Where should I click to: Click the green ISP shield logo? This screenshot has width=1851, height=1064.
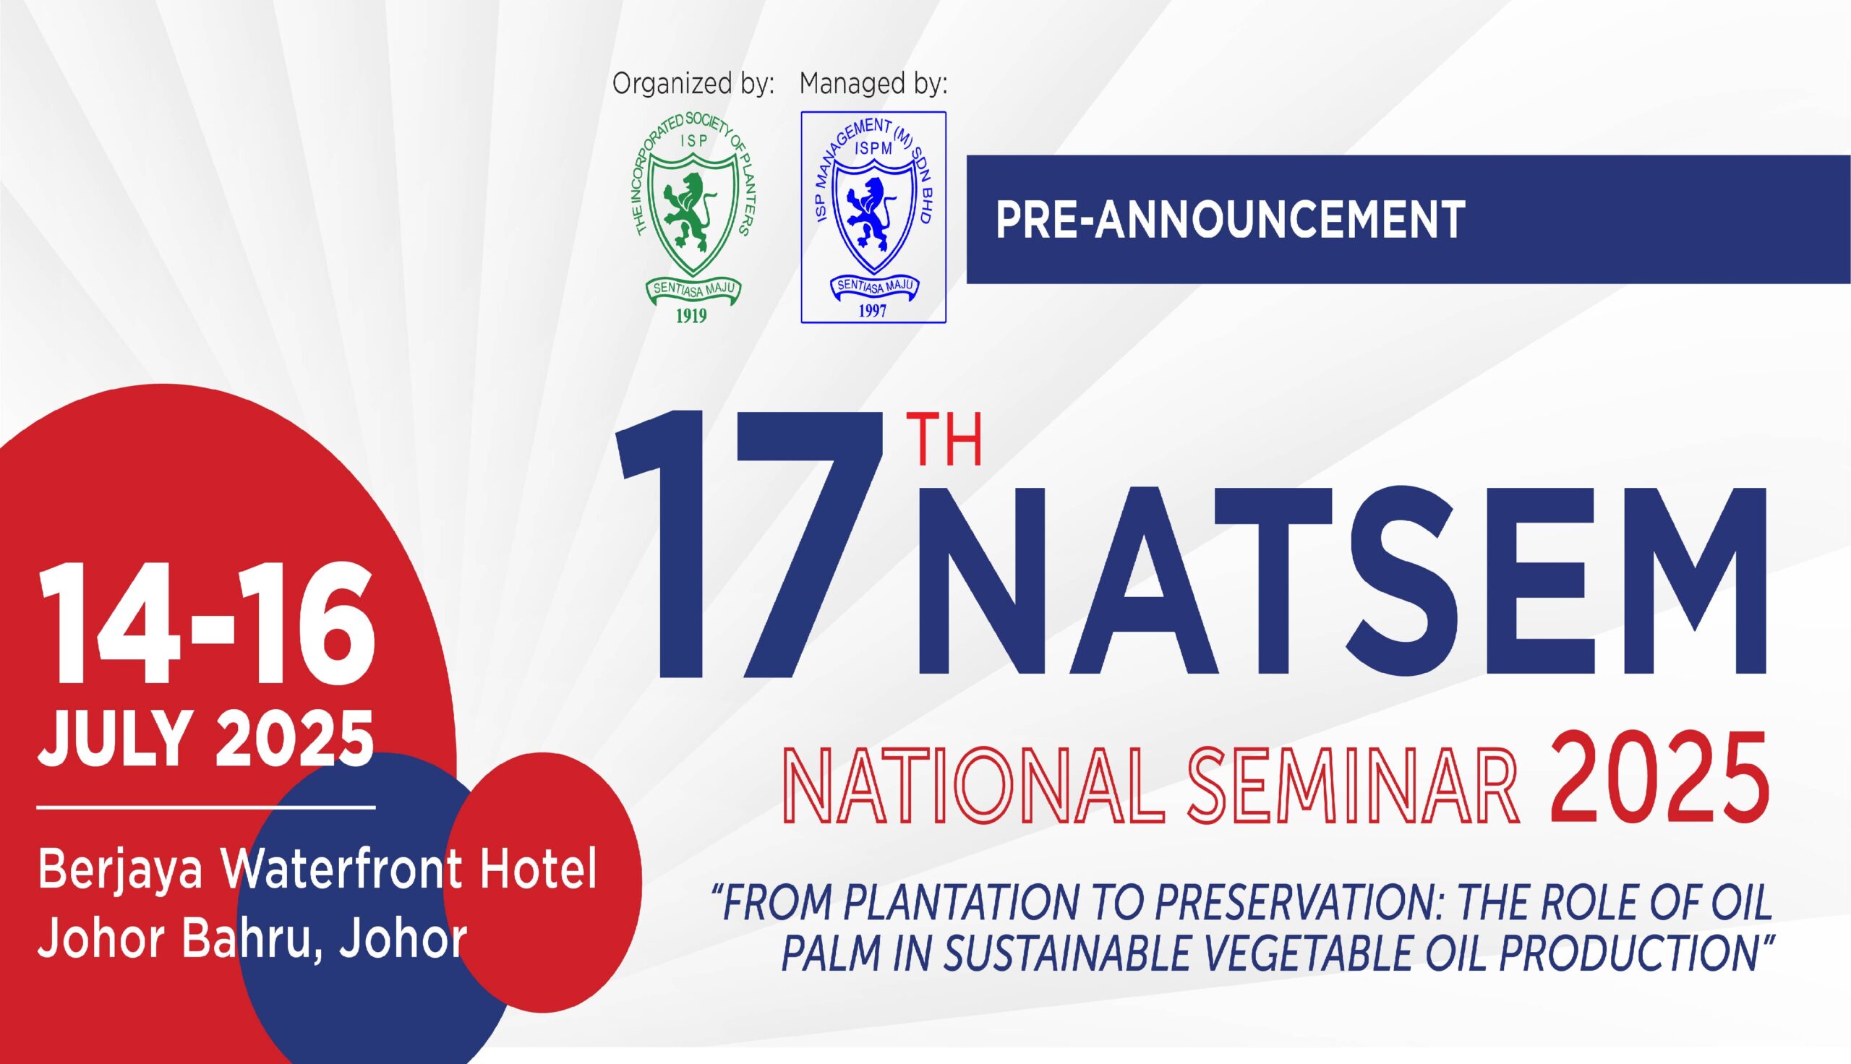691,216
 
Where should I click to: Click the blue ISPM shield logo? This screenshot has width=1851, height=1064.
873,217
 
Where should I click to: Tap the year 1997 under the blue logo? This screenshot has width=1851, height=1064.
873,311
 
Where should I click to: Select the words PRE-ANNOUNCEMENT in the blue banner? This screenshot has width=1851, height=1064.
1231,219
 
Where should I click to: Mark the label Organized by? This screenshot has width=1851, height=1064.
693,84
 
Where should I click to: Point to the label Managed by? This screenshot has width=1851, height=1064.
873,84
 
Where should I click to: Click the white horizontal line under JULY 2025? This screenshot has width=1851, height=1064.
206,807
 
